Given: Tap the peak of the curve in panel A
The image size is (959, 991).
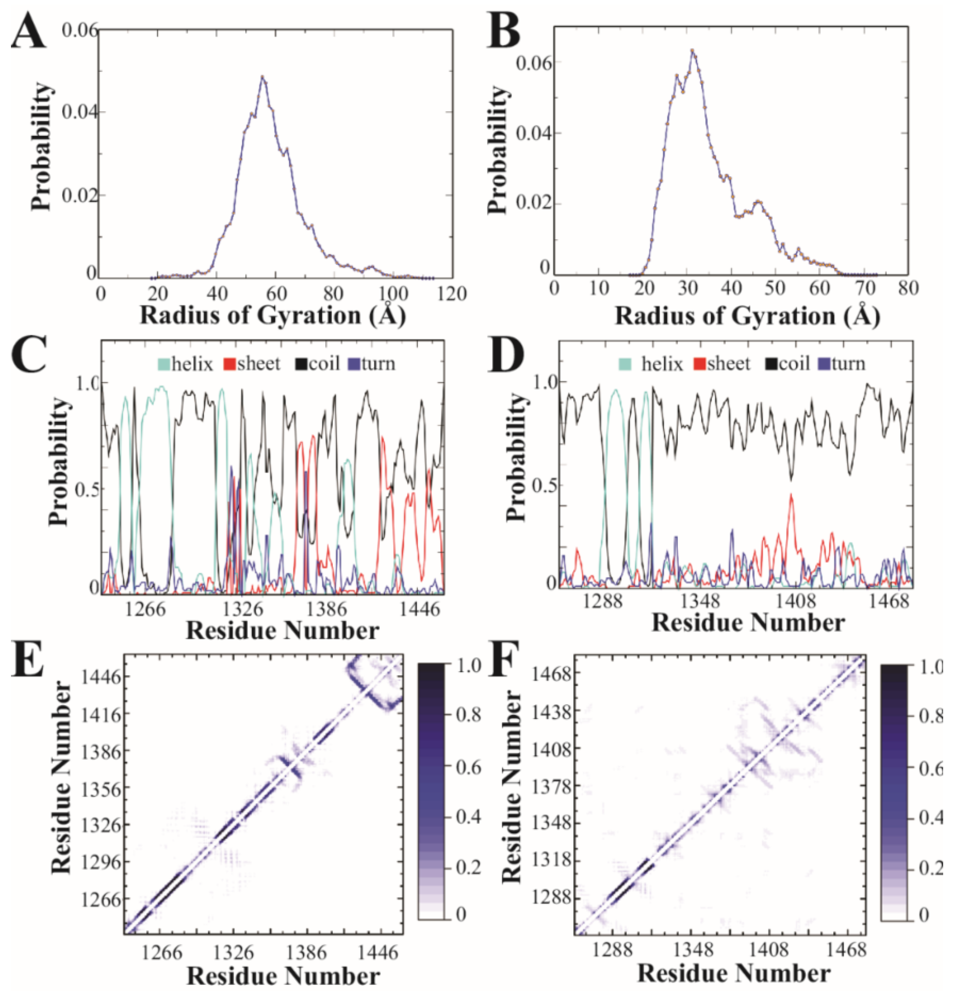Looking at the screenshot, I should tap(262, 77).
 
